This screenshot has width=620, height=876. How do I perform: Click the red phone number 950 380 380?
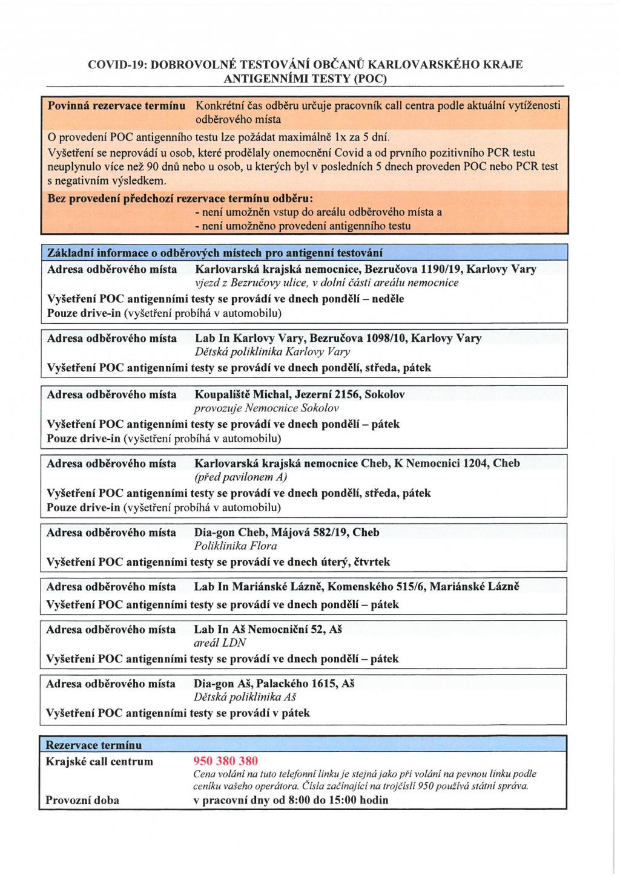[225, 760]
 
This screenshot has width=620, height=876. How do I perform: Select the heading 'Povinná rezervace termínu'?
[116, 106]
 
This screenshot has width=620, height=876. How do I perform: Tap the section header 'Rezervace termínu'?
[94, 745]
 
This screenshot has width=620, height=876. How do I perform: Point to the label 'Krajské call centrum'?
[99, 761]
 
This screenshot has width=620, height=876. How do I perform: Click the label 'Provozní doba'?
[82, 800]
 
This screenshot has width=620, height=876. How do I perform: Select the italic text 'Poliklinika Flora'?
[236, 546]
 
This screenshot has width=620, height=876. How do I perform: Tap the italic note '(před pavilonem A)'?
[240, 477]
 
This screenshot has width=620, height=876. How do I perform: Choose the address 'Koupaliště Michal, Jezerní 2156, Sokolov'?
[300, 394]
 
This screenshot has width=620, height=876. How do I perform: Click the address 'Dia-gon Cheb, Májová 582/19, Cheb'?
[286, 532]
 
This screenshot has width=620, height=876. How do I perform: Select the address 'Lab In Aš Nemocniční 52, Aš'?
[268, 629]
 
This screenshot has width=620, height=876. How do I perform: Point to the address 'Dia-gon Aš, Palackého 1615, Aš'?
[274, 684]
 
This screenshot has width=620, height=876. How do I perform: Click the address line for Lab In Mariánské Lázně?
[356, 586]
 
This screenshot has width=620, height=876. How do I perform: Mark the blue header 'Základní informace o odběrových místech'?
[215, 253]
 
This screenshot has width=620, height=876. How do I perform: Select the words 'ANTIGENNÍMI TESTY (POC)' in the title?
[305, 79]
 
